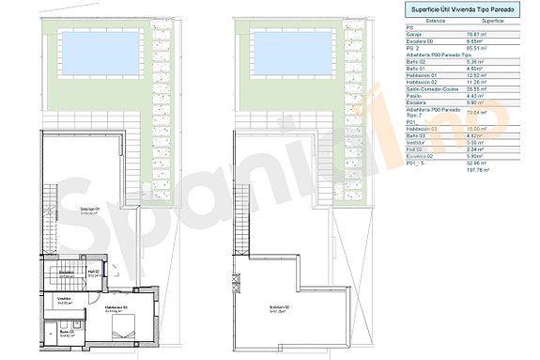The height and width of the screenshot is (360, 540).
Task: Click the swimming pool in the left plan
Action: point(97,44)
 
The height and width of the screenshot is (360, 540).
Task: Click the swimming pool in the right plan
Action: point(287,44)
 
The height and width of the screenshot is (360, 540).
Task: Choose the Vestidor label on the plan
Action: point(65,300)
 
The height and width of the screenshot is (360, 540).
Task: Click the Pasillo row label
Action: point(414,96)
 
